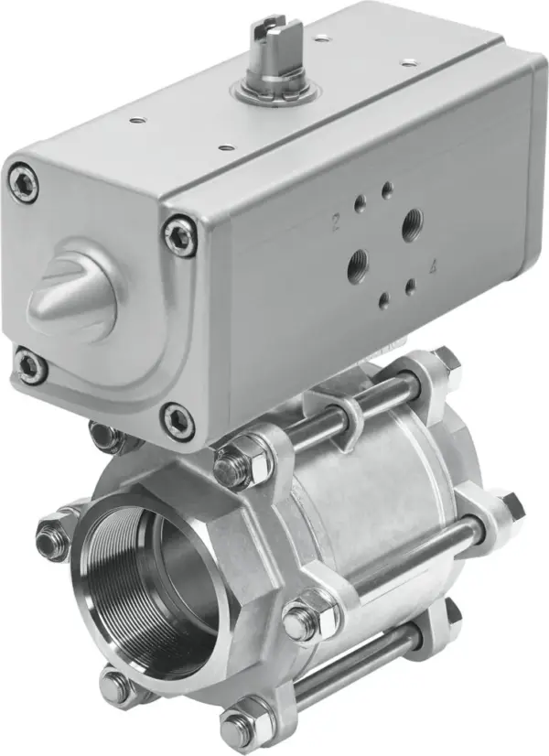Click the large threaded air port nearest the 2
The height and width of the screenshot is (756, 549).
point(412,220)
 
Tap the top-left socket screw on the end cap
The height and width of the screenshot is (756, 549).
point(23,180)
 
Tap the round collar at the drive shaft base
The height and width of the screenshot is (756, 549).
point(273,92)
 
